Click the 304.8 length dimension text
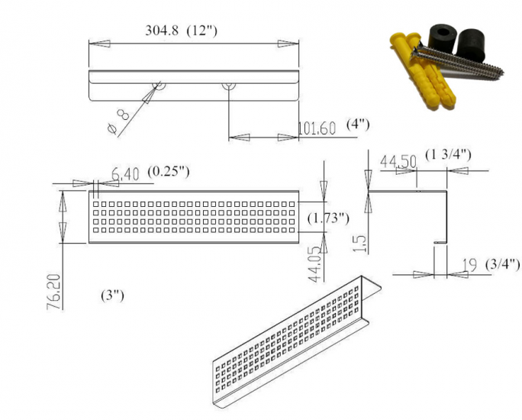162,31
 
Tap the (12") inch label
201,31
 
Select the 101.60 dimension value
317,128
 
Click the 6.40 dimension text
125,174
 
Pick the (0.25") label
169,172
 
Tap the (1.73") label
328,218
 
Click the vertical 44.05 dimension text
315,264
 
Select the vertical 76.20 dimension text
54,292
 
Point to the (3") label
112,296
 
